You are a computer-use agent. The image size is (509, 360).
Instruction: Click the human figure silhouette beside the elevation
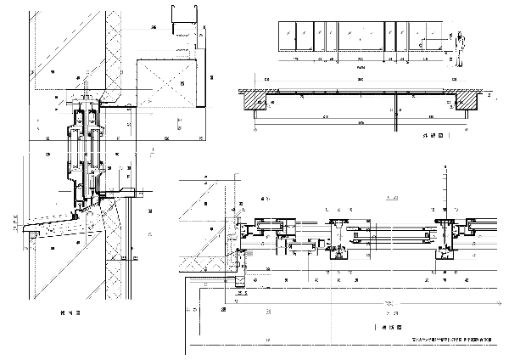coord(460,50)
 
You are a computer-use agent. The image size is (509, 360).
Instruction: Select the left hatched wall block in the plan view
coord(255,100)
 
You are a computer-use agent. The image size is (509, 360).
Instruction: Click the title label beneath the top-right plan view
coord(434,135)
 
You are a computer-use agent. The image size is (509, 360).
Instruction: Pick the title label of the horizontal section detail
coord(389,326)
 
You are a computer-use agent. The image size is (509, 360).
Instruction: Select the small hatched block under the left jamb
coord(240,279)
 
